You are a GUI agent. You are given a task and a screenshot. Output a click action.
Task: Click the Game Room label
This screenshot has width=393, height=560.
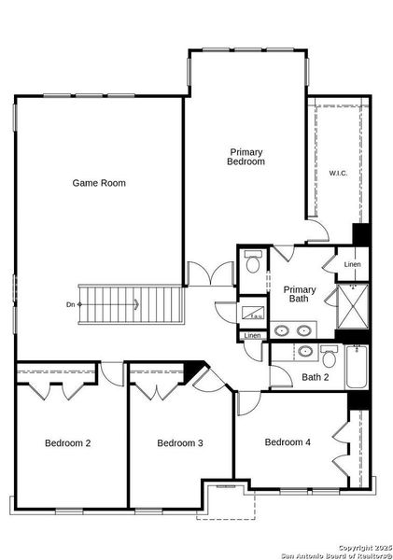click(99, 183)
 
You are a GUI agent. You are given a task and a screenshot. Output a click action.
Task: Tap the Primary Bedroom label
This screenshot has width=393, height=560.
click(246, 157)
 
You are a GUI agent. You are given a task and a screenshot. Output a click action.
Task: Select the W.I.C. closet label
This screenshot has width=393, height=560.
click(338, 173)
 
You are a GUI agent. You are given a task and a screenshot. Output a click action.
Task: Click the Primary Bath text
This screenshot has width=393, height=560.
click(300, 294)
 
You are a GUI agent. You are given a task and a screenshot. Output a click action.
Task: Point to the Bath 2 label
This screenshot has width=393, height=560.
click(316, 377)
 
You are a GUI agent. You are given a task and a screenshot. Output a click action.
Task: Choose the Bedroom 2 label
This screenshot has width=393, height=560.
click(67, 442)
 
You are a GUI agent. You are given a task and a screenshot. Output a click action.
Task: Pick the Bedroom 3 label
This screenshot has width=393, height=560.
click(180, 442)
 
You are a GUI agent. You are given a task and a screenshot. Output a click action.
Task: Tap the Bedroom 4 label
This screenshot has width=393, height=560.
click(288, 441)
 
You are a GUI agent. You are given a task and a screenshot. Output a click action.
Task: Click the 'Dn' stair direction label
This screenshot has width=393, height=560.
click(70, 304)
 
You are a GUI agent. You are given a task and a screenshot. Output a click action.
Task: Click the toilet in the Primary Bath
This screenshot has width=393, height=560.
click(252, 265)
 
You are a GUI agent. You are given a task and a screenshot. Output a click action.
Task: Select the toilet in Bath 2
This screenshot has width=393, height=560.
click(328, 356)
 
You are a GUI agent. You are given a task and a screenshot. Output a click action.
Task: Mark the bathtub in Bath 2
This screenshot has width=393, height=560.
click(357, 368)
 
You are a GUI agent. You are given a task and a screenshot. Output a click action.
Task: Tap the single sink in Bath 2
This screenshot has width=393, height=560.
click(304, 352)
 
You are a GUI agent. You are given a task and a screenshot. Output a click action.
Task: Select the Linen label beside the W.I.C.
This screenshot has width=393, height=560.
click(352, 265)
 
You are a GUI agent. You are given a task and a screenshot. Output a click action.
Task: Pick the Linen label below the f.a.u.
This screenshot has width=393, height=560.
click(252, 336)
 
